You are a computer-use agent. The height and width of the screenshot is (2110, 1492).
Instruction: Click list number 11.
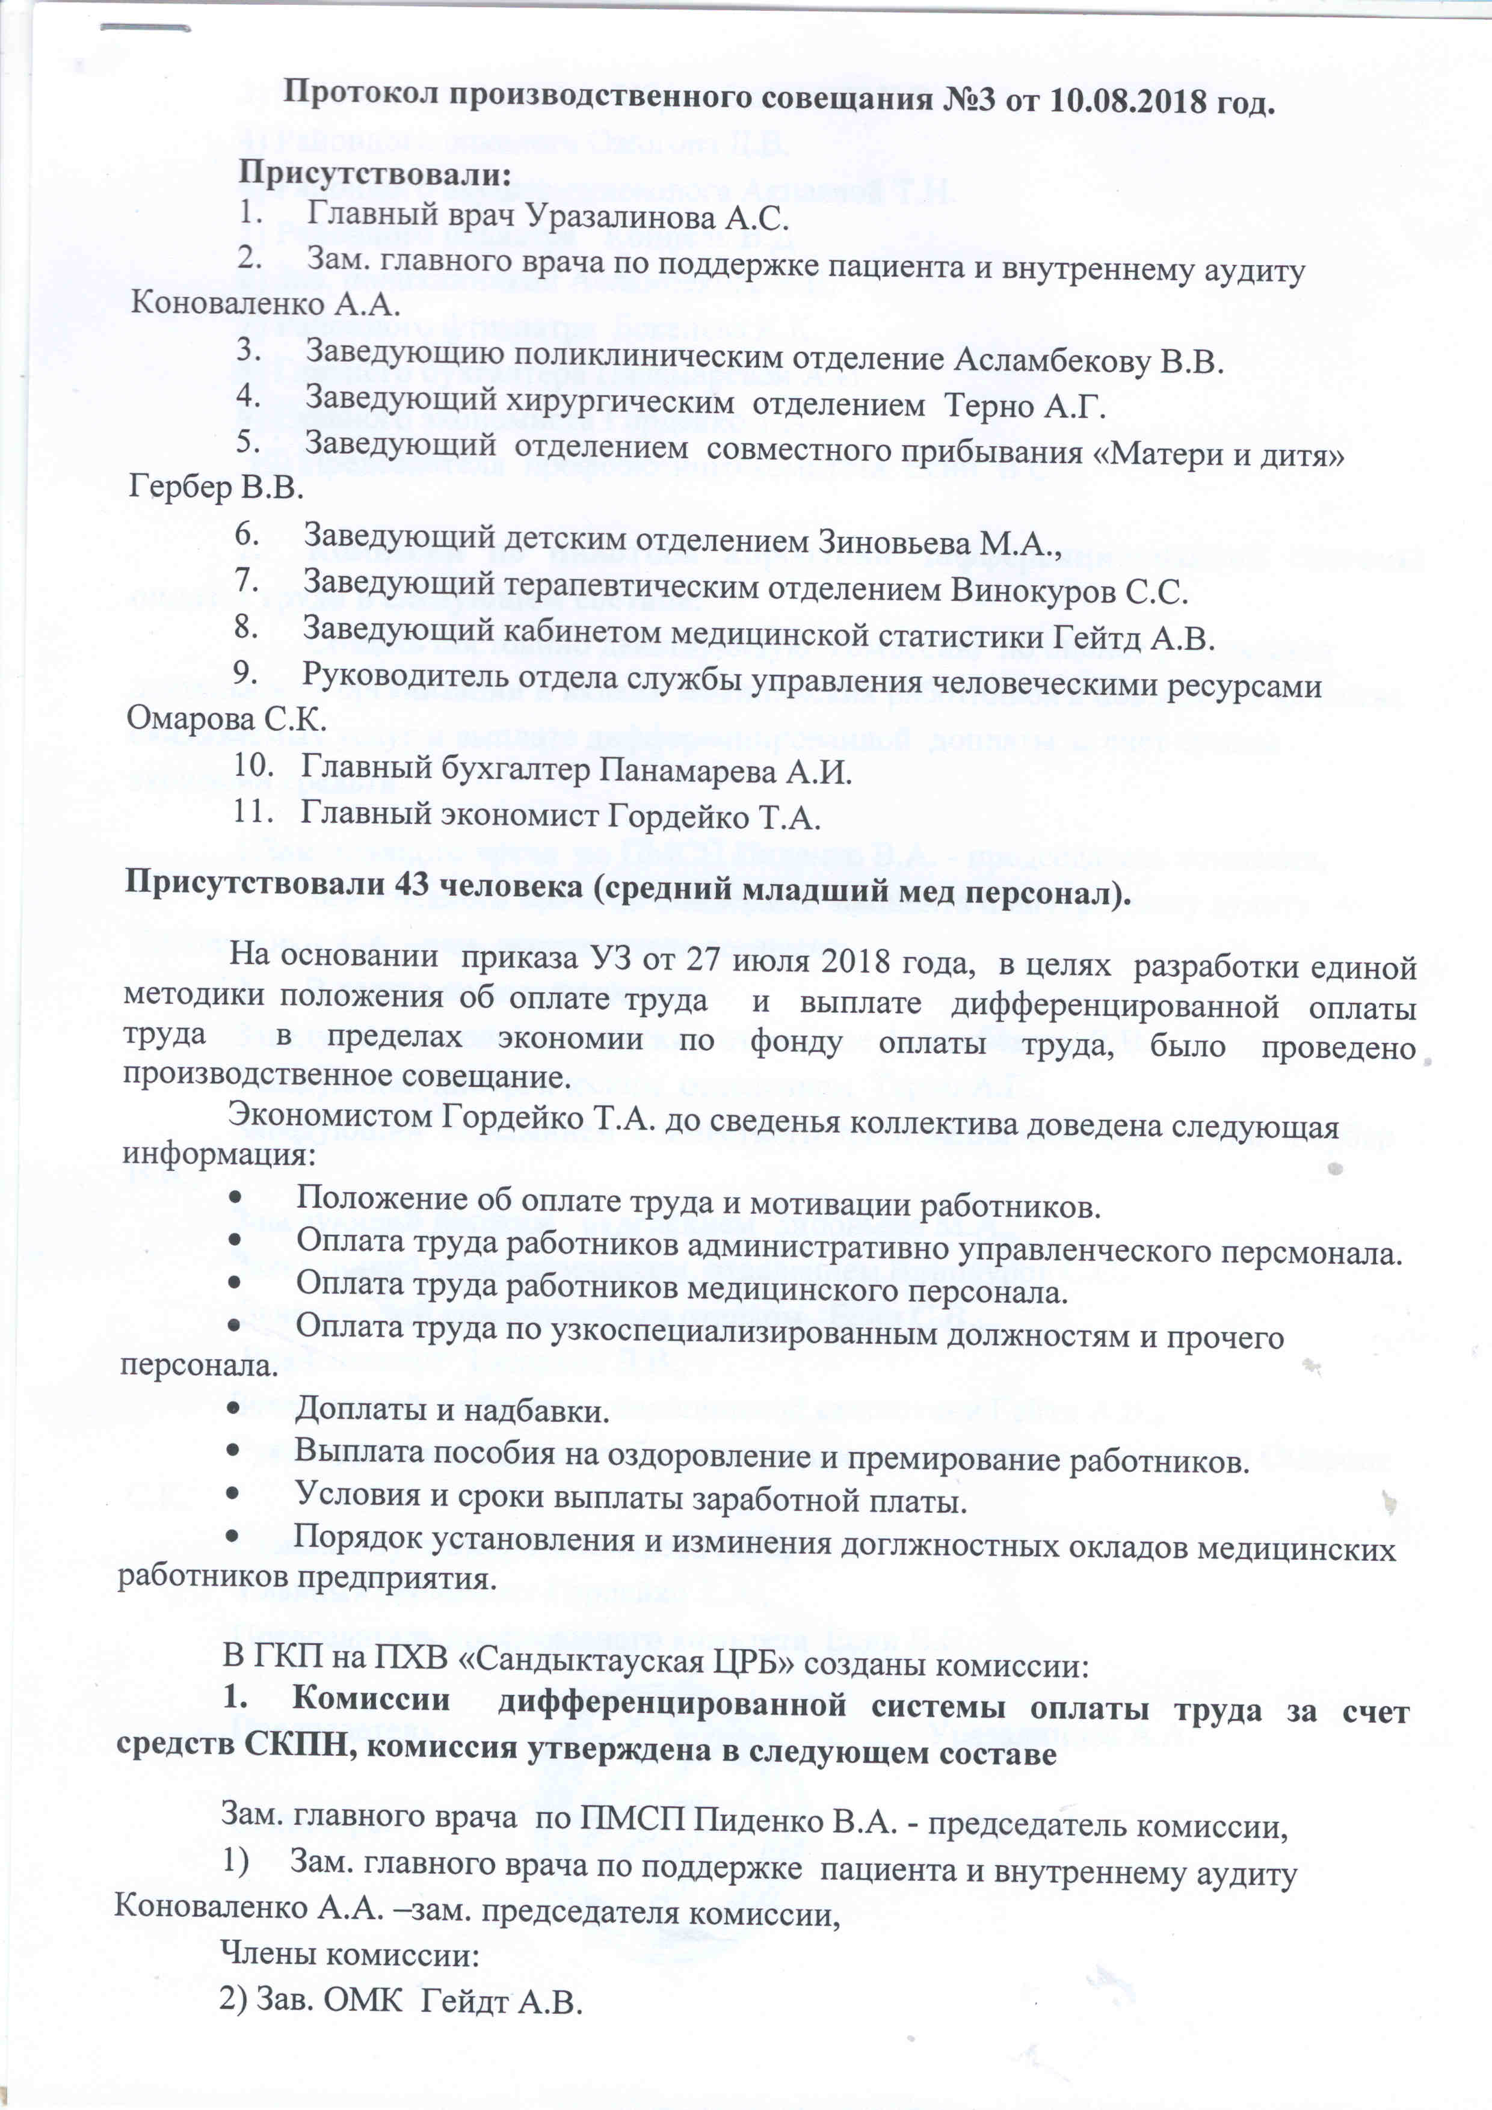point(253,813)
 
